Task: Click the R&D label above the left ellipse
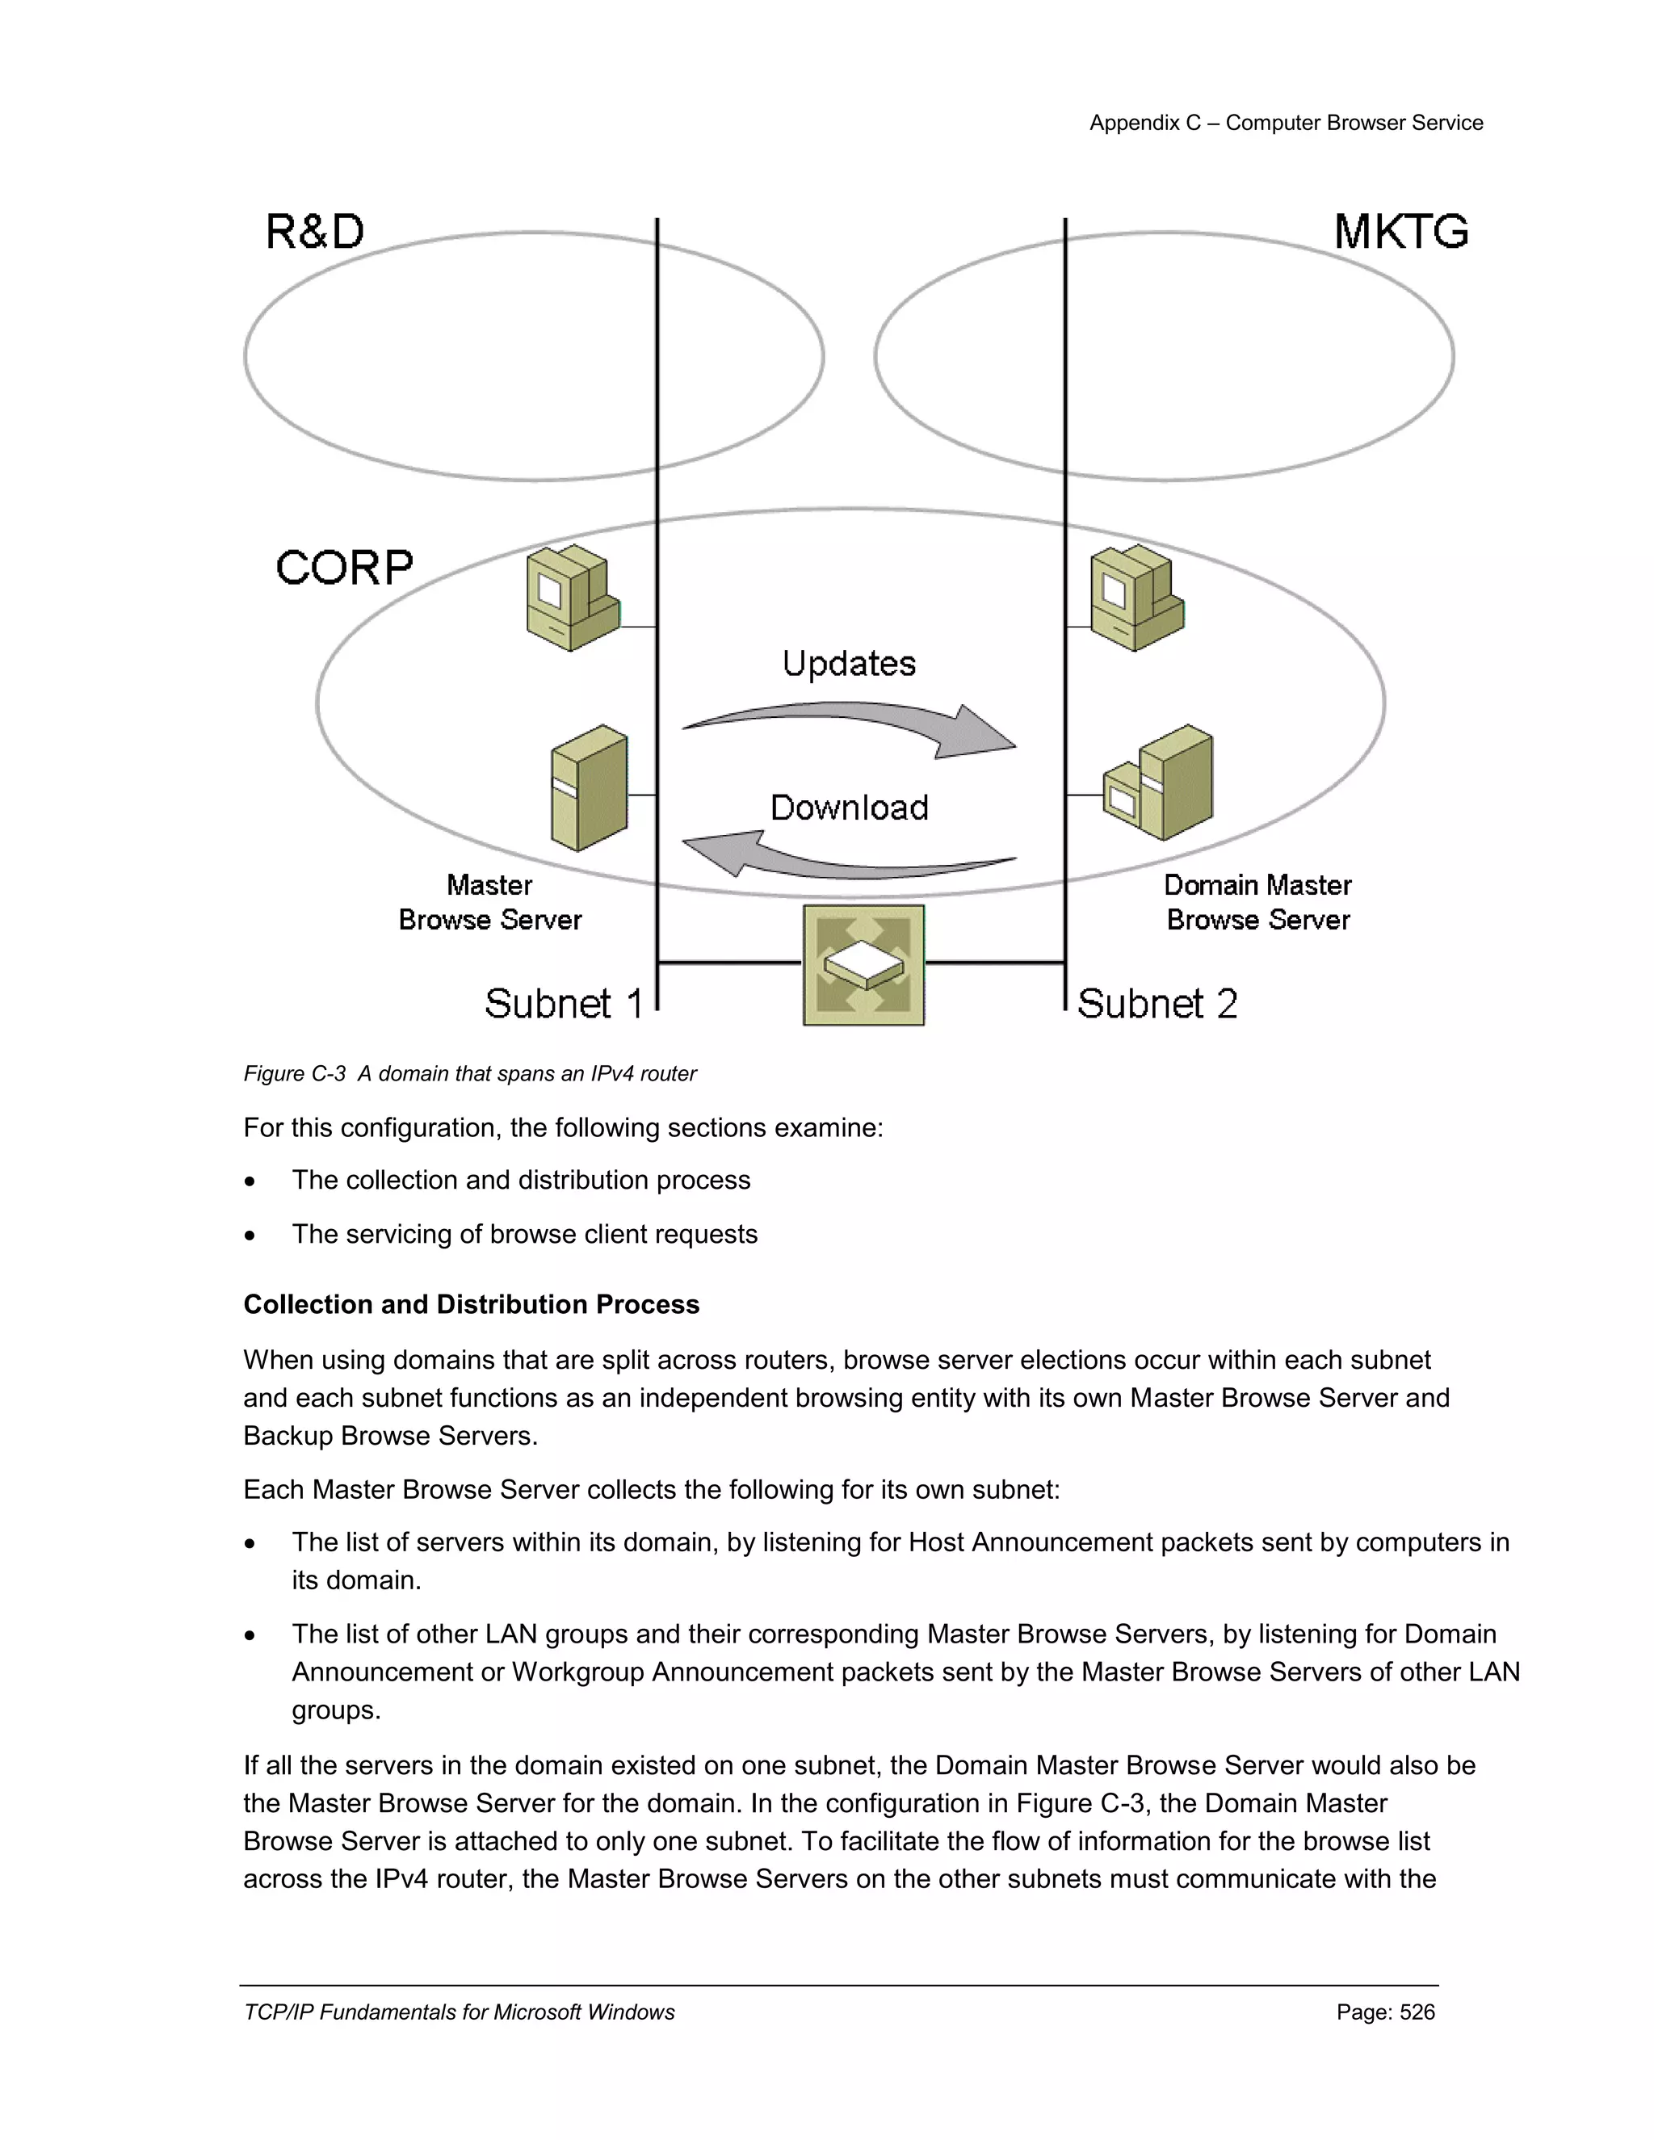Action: click(314, 233)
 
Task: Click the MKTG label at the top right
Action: click(1400, 233)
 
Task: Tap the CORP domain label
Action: click(344, 568)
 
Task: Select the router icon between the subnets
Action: click(863, 964)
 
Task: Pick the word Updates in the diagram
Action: click(849, 663)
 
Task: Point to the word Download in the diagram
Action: click(849, 808)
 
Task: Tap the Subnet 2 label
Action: click(1157, 1003)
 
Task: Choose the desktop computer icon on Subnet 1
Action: click(573, 598)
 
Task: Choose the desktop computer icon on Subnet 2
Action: click(1136, 598)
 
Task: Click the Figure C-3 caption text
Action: click(469, 1074)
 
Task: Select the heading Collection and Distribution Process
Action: click(472, 1304)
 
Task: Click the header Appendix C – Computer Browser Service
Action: click(1286, 123)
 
